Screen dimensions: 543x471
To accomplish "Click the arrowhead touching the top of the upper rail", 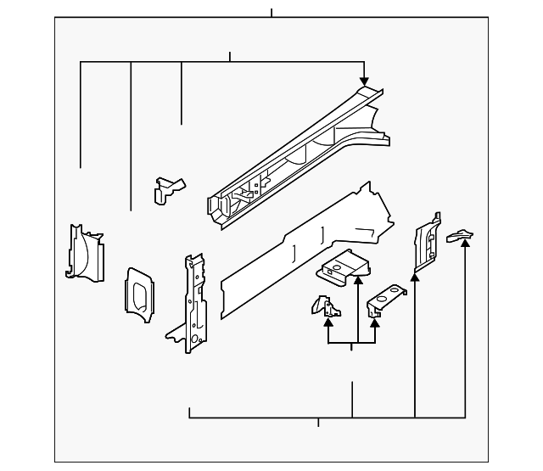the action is click(364, 81).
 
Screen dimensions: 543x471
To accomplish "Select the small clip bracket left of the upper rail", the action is click(167, 188).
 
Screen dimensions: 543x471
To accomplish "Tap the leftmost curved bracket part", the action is click(84, 251).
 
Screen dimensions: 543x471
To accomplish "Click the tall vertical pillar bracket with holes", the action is click(193, 301).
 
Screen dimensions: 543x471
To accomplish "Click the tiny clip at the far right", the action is click(461, 235).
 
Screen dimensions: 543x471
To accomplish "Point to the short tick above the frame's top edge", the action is click(271, 13).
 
